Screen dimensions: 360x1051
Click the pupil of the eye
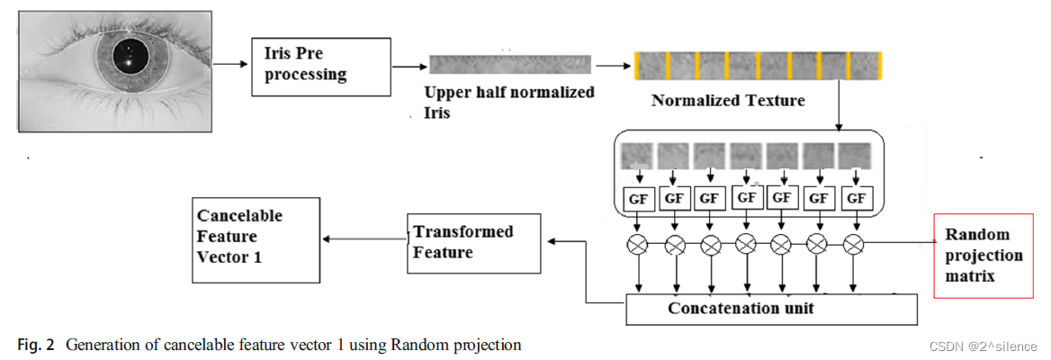pos(130,59)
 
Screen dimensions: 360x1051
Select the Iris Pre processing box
pos(320,67)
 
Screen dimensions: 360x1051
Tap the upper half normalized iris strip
pos(509,65)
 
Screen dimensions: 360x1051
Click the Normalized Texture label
pos(728,100)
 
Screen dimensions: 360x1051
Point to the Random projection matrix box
pos(984,256)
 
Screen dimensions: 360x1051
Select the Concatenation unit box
pos(770,309)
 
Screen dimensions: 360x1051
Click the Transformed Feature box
pos(473,242)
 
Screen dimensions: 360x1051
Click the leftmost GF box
pos(638,197)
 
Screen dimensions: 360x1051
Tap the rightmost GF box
pos(856,197)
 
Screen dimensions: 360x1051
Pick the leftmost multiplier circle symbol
pos(639,243)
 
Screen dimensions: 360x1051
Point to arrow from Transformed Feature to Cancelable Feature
pos(364,238)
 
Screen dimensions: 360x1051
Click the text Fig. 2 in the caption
pos(34,345)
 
